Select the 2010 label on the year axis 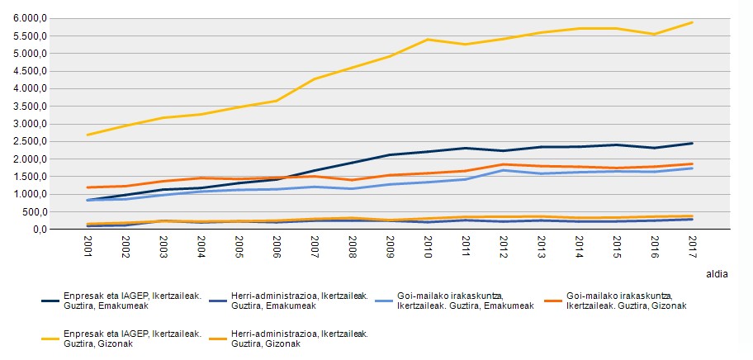[427, 246]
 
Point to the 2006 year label [277, 246]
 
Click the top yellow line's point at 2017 [691, 22]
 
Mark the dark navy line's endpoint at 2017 [691, 143]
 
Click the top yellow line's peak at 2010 [428, 39]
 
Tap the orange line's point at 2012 [503, 164]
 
